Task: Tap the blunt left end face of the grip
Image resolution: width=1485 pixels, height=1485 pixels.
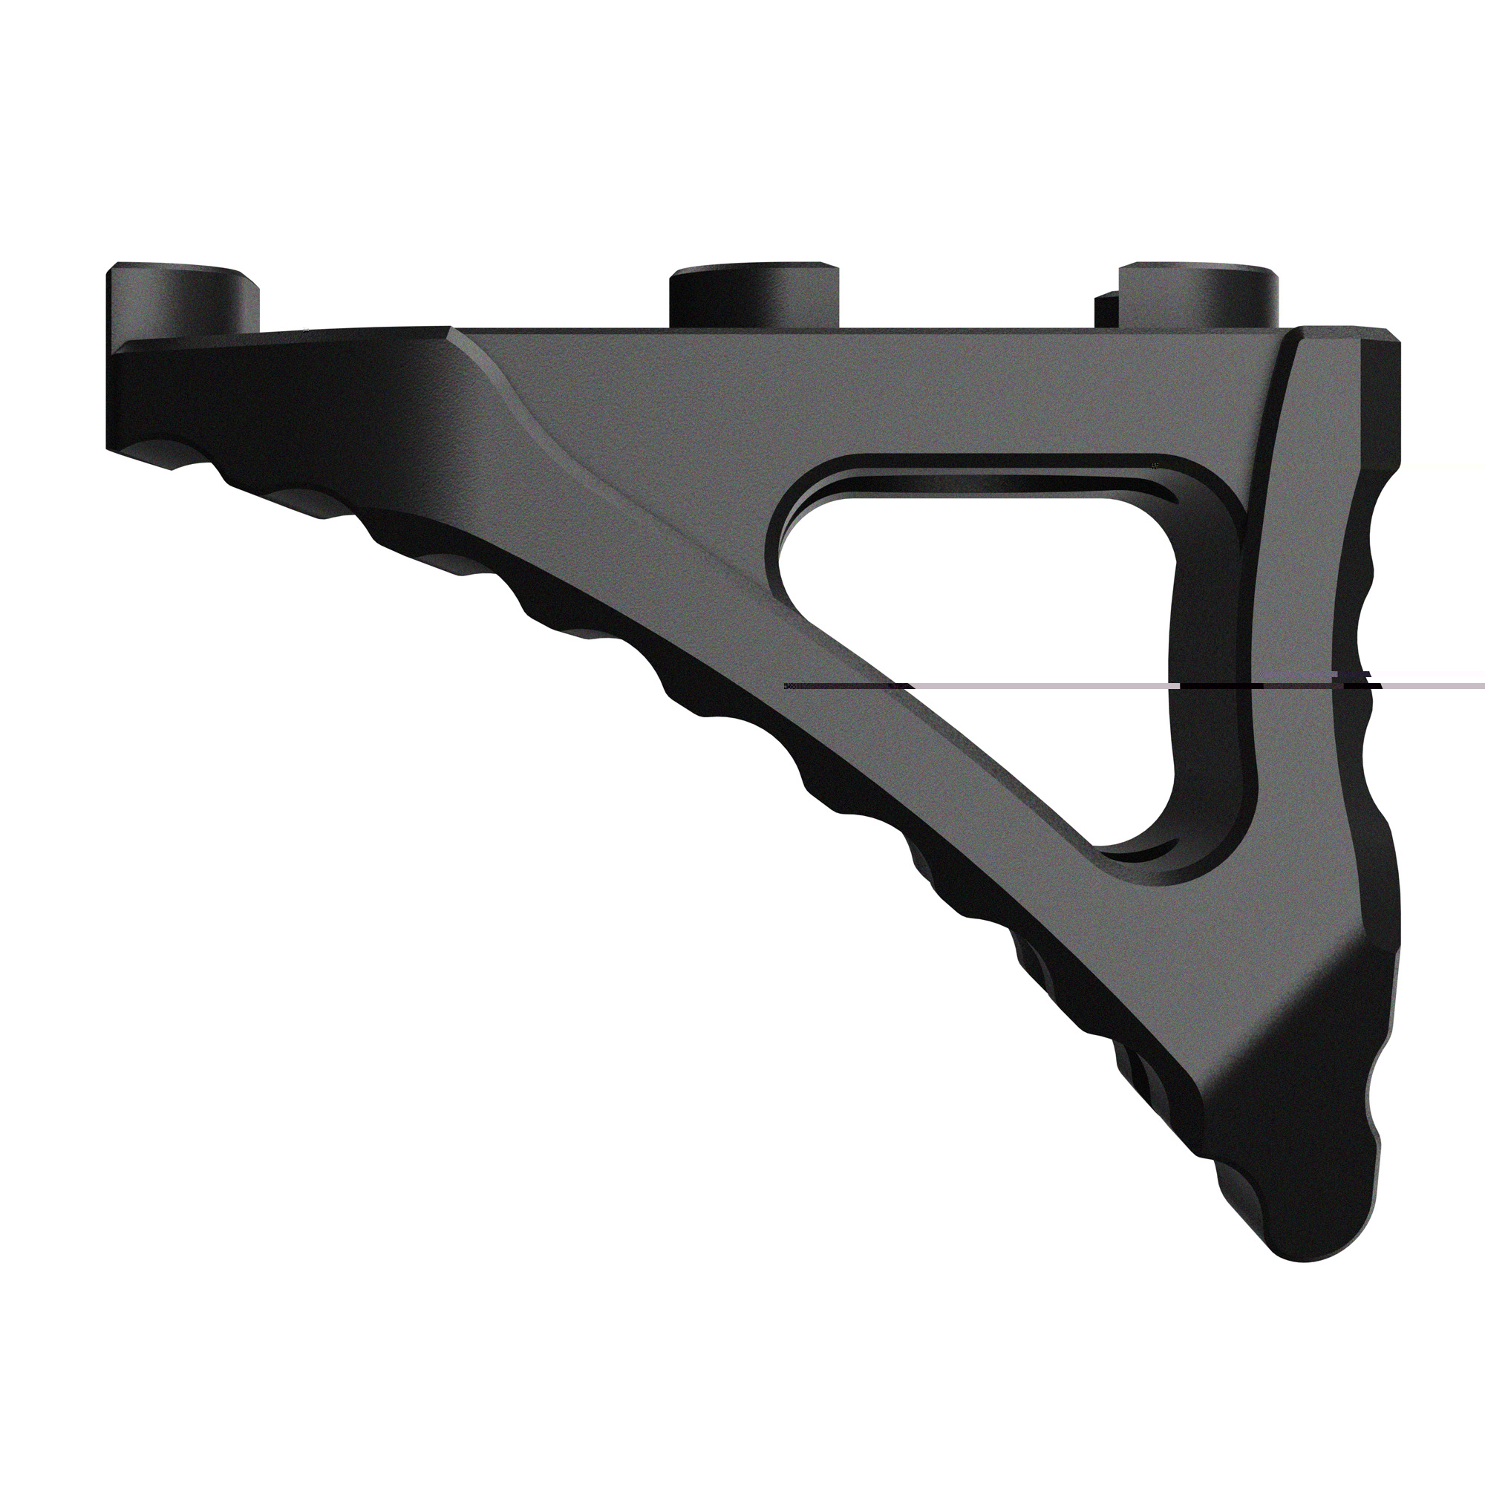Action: [115, 399]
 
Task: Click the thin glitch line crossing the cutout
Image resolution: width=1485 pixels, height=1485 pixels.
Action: [1038, 684]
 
